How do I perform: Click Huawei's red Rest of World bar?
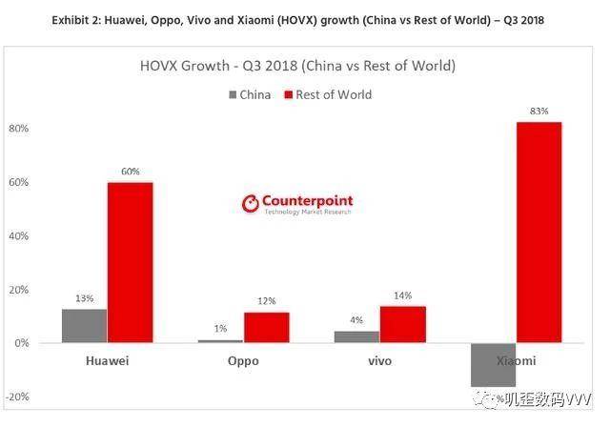point(130,262)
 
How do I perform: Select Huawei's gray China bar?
point(84,325)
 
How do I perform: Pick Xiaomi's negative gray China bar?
point(493,364)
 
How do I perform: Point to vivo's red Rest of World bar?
point(403,324)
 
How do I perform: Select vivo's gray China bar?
point(356,336)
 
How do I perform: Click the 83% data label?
point(539,112)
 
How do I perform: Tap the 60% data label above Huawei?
point(130,172)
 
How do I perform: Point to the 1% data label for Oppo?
point(220,329)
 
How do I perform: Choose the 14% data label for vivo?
point(403,295)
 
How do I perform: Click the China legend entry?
point(249,94)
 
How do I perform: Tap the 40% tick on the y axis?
point(19,235)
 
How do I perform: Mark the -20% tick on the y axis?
point(17,396)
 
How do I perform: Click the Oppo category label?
point(243,362)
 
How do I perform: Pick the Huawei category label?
point(106,362)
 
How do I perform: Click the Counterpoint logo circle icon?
point(251,203)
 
